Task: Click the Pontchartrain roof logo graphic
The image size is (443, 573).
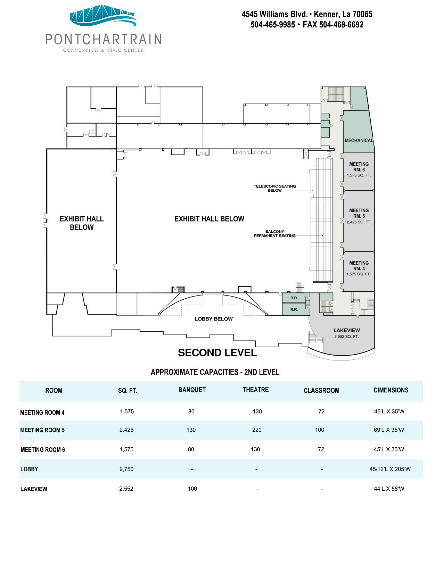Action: pyautogui.click(x=103, y=16)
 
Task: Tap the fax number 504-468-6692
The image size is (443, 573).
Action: pyautogui.click(x=341, y=25)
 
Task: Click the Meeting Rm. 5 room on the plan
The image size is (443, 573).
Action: pyautogui.click(x=358, y=221)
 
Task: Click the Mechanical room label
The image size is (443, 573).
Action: pyautogui.click(x=359, y=141)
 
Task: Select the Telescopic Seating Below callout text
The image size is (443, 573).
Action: pyautogui.click(x=275, y=188)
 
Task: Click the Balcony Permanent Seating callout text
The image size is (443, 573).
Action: pyautogui.click(x=275, y=233)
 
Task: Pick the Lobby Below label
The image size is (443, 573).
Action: pyautogui.click(x=214, y=319)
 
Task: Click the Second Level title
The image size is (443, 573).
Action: pyautogui.click(x=217, y=352)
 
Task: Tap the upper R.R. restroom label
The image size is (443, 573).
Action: pyautogui.click(x=294, y=298)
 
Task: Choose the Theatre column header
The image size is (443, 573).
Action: pyautogui.click(x=256, y=390)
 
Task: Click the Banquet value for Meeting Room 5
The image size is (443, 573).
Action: pyautogui.click(x=191, y=430)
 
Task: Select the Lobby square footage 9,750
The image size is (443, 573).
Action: pyautogui.click(x=126, y=469)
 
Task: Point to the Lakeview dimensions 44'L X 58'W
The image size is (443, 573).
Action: pyautogui.click(x=389, y=489)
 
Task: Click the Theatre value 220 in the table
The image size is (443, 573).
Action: pyautogui.click(x=257, y=430)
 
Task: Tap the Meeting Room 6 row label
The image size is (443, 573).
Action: pyautogui.click(x=43, y=450)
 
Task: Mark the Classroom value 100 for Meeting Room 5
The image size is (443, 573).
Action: pyautogui.click(x=320, y=430)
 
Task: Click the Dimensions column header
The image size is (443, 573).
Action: pyautogui.click(x=391, y=390)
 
